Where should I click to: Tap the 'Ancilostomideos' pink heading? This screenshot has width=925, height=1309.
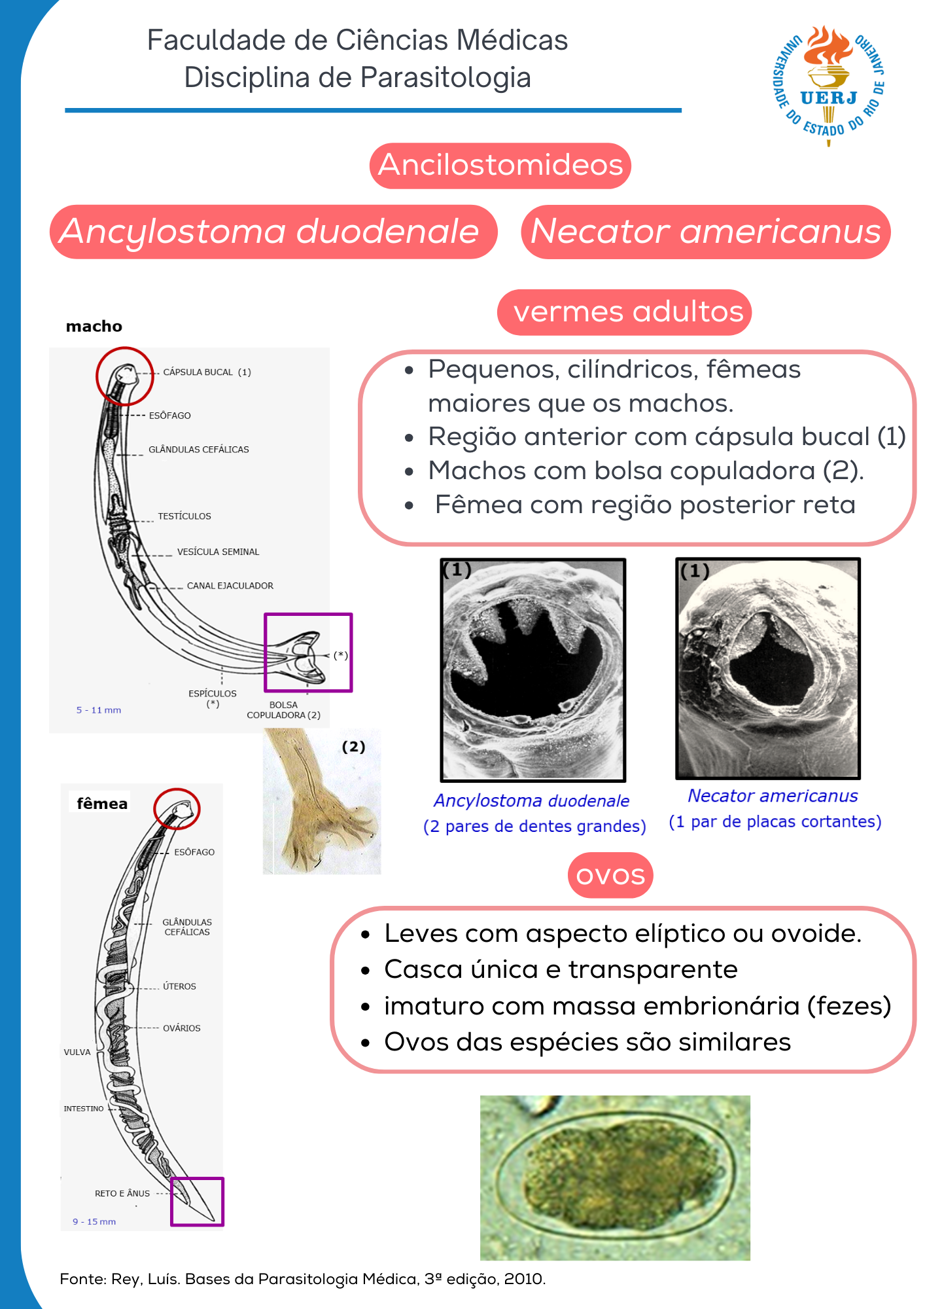pyautogui.click(x=500, y=165)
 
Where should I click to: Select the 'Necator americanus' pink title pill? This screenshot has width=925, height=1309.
pyautogui.click(x=705, y=232)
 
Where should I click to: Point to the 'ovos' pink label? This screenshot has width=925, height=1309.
pyautogui.click(x=610, y=875)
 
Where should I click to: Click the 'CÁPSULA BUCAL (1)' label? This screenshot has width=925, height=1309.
pyautogui.click(x=207, y=372)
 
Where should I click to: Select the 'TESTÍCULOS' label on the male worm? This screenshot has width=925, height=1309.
pyautogui.click(x=184, y=516)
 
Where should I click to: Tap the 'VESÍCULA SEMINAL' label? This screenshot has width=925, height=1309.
pyautogui.click(x=218, y=552)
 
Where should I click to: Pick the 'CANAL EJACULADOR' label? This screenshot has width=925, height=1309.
pyautogui.click(x=230, y=586)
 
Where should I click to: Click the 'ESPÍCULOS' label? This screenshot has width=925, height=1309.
pyautogui.click(x=213, y=694)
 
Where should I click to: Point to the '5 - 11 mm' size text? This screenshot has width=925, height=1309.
pyautogui.click(x=99, y=710)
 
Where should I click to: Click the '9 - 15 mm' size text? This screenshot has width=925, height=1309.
pyautogui.click(x=94, y=1222)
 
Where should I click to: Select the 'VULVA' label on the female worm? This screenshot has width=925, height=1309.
pyautogui.click(x=77, y=1052)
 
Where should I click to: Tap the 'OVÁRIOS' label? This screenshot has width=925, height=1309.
pyautogui.click(x=181, y=1028)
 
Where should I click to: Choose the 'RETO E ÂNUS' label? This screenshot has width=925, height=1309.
pyautogui.click(x=122, y=1194)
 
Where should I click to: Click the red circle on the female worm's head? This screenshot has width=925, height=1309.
pyautogui.click(x=177, y=809)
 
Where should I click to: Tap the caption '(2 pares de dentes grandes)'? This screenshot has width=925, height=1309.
pyautogui.click(x=534, y=827)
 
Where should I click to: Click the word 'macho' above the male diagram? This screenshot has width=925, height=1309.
pyautogui.click(x=94, y=327)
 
